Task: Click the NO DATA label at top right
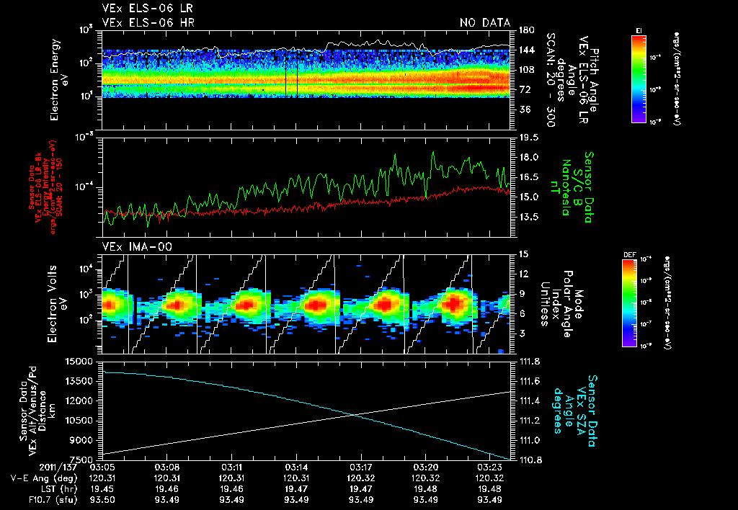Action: (484, 23)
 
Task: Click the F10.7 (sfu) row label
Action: (32, 500)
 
